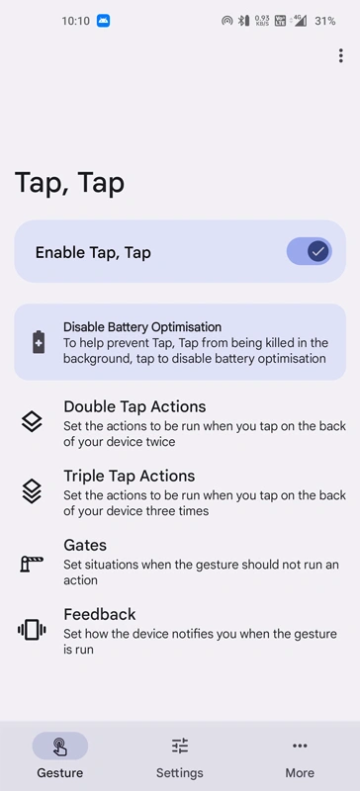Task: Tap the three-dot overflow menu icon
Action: pos(341,55)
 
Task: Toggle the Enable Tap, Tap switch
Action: pos(309,251)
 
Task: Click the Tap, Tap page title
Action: pos(69,184)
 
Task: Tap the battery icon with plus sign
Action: pos(39,342)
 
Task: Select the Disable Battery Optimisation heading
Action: pos(142,327)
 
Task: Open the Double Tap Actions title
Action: pos(135,406)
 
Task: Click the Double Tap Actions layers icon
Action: pos(32,422)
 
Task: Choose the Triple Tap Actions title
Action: pos(130,476)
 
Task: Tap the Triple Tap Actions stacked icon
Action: pos(32,491)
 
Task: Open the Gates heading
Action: pos(85,545)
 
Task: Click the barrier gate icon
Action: pos(32,563)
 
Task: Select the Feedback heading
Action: pos(100,614)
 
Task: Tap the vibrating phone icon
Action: pos(32,630)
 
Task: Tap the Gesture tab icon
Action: pos(60,747)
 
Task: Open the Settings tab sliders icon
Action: pos(180,746)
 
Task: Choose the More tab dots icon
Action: pos(300,746)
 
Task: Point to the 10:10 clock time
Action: pos(76,21)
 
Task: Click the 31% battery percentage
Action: pos(325,21)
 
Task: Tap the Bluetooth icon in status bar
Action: pos(244,21)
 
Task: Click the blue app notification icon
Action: pos(104,21)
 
